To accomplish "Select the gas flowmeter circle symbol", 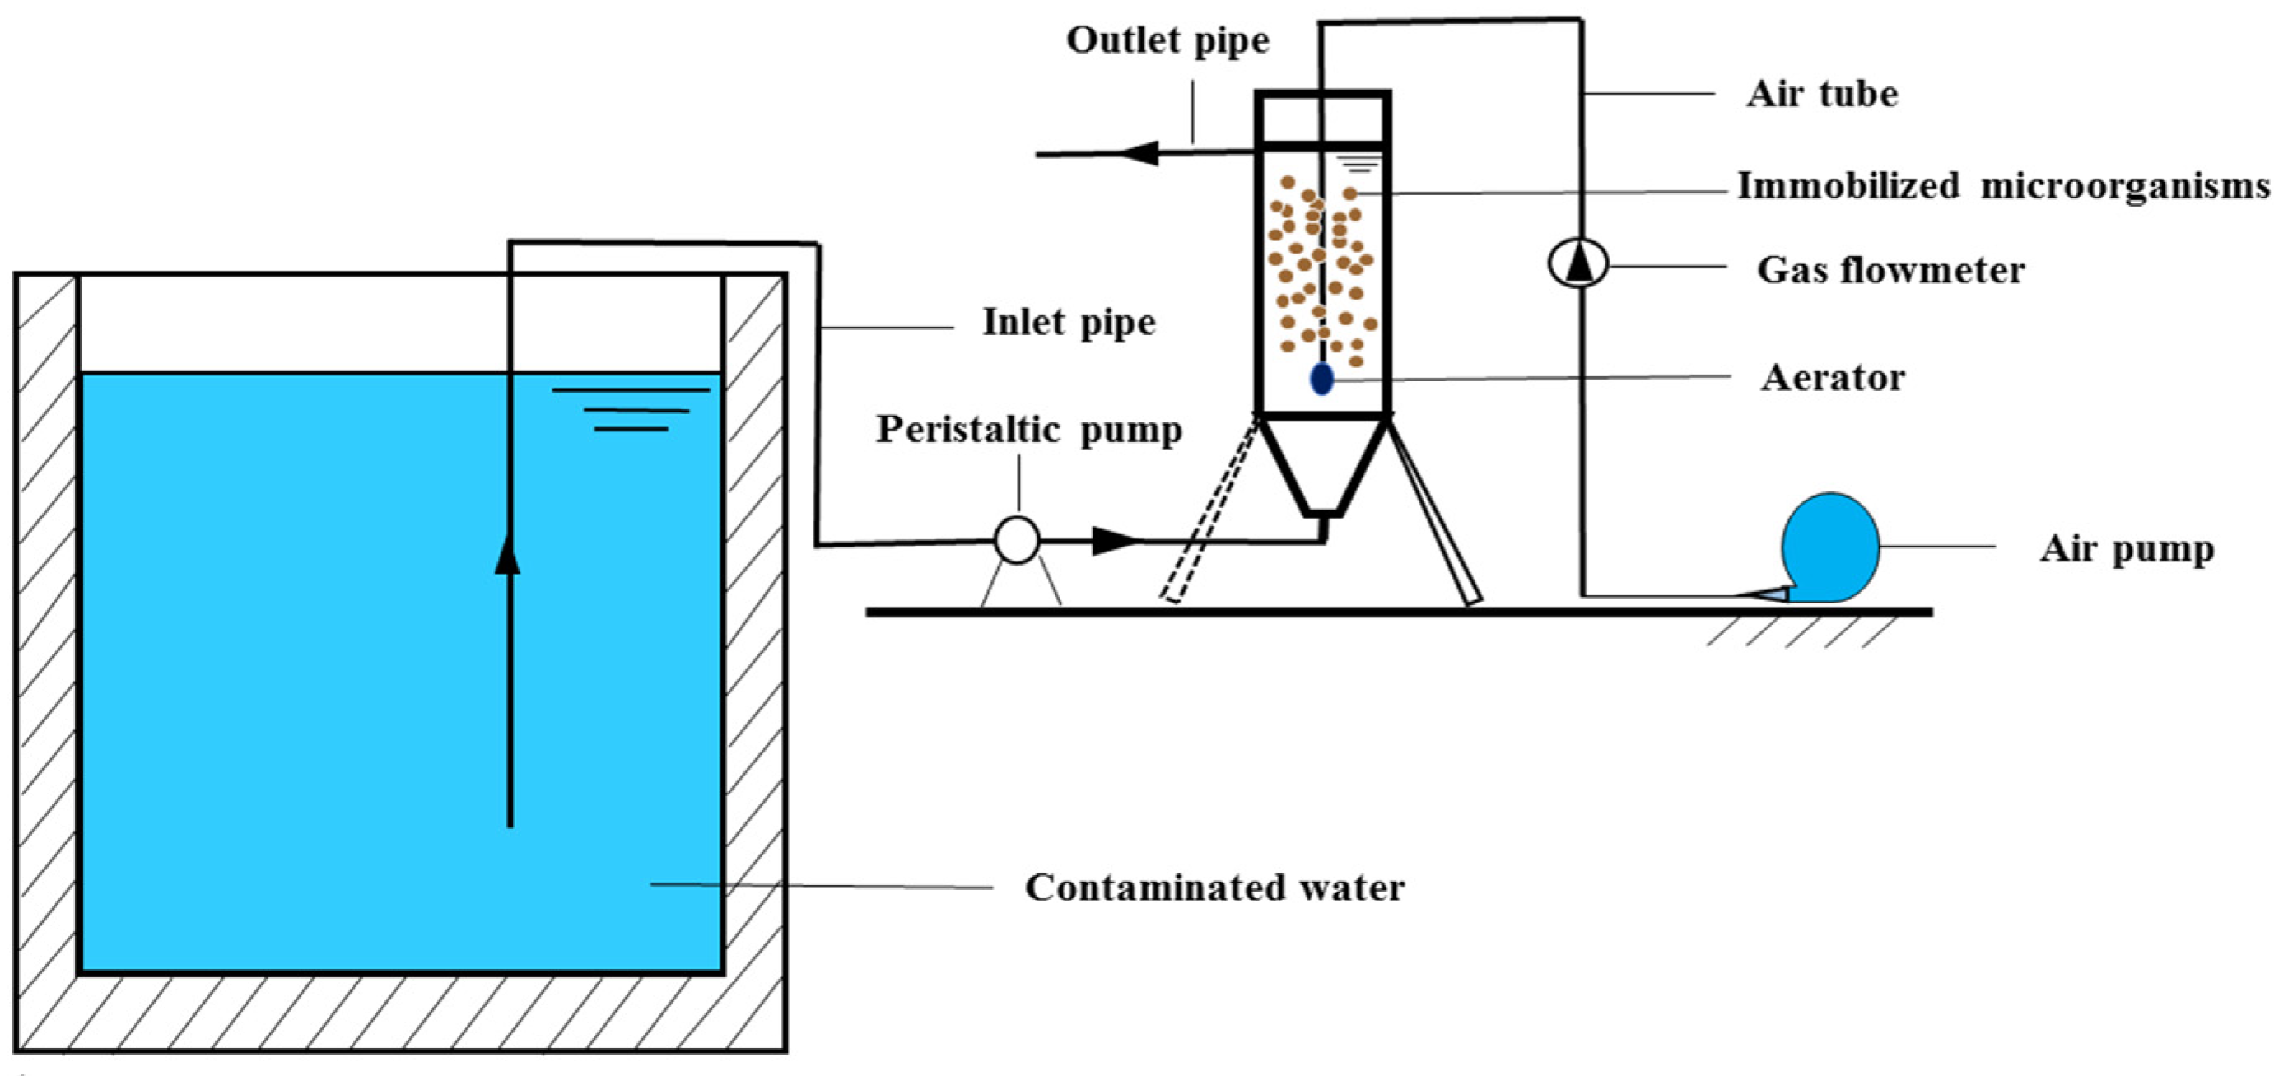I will (1578, 263).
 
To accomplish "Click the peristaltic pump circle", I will (1017, 540).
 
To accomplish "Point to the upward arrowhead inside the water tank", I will (507, 555).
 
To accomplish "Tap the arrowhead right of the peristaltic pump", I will (1115, 540).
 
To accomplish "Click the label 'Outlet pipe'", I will (1167, 41).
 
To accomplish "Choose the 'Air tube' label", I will (1822, 94).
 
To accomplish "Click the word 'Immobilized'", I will (1848, 186).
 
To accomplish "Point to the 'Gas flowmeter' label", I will (1890, 270).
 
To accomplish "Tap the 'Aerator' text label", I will (1833, 378).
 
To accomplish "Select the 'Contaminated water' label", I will (1214, 887).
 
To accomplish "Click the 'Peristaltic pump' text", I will (1028, 430).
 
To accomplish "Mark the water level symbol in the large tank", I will (631, 409).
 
